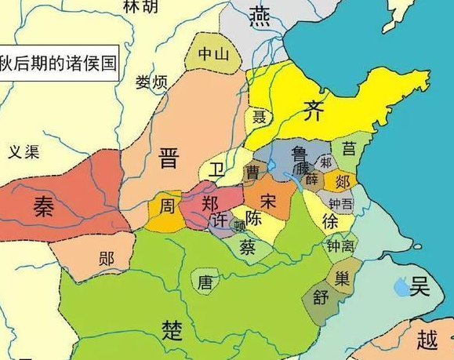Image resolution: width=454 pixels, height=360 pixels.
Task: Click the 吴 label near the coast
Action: tap(420, 287)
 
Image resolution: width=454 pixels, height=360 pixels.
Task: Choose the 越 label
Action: tap(427, 340)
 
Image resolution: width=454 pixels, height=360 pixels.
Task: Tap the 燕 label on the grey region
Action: tap(260, 14)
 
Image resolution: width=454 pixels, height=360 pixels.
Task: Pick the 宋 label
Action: tap(268, 200)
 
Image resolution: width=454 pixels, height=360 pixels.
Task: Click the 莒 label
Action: tap(346, 148)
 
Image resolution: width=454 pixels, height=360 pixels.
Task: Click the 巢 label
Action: tap(341, 277)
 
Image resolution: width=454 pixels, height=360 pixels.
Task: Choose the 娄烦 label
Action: tap(152, 82)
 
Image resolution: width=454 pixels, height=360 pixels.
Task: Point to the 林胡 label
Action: tap(140, 6)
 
